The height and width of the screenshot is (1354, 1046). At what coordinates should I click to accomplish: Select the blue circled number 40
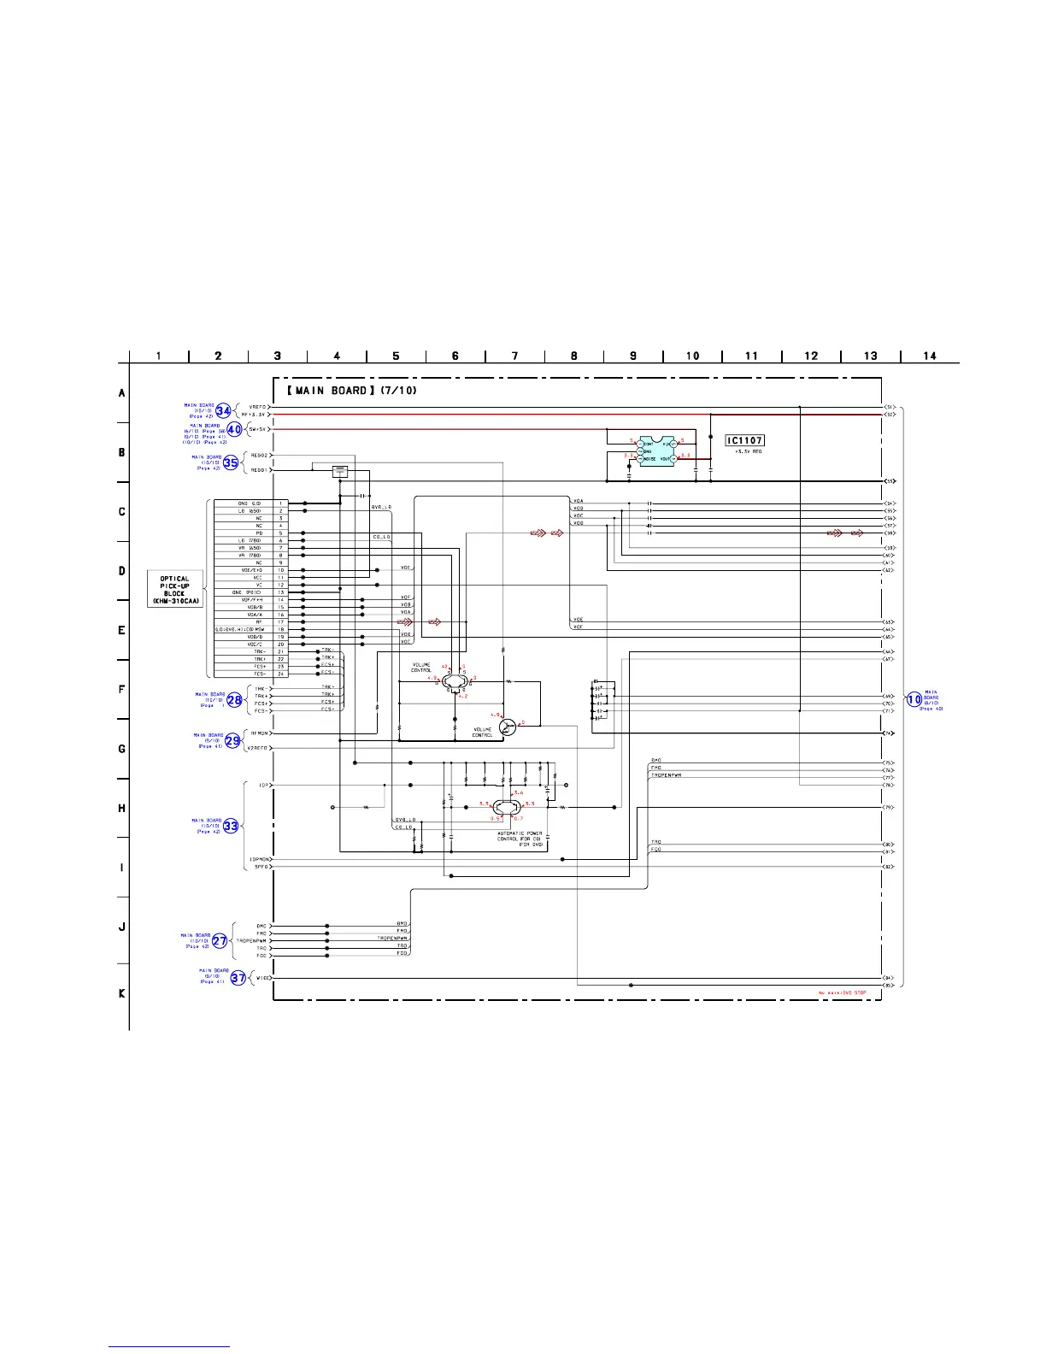coord(234,429)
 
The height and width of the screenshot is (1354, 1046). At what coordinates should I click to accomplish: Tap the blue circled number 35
coord(231,462)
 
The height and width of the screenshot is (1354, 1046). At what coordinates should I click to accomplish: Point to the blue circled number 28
coord(234,699)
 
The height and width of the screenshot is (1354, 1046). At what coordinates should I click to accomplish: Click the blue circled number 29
coord(232,740)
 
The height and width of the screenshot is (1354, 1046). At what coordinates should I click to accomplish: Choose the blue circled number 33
coord(231,826)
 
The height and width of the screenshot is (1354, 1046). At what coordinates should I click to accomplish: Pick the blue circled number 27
coord(220,941)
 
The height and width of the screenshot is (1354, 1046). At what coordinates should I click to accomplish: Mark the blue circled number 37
coord(238,978)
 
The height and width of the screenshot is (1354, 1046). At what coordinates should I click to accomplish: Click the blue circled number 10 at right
coord(914,699)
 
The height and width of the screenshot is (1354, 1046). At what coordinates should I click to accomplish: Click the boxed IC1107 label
coord(744,440)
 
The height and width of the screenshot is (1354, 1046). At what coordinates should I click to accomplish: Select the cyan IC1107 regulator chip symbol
coord(656,450)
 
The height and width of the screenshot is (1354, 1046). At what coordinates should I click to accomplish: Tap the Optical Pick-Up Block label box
coord(174,590)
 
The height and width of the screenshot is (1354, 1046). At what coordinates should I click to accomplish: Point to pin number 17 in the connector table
coord(280,622)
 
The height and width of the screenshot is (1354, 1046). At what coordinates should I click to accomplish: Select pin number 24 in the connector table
coord(280,674)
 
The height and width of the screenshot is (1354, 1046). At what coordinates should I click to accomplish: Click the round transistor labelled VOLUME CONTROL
coord(508,727)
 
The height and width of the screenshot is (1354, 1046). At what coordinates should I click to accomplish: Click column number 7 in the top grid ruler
coord(514,356)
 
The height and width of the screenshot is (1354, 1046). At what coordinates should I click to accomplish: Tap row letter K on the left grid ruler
coord(122,993)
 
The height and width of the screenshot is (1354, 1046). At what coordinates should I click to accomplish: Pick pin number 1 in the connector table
coord(280,503)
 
